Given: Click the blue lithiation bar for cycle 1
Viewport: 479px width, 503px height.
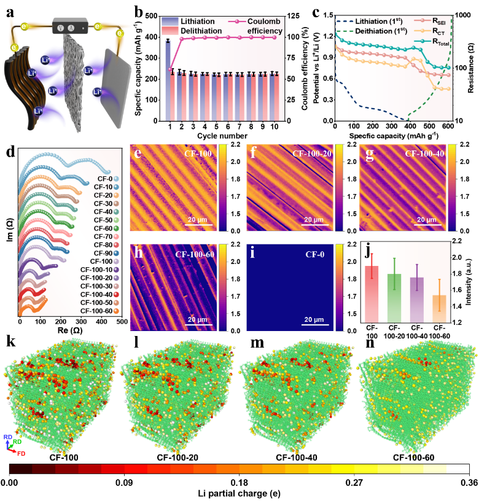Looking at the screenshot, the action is click(168, 81).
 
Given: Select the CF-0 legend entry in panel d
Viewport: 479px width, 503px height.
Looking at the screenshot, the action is click(108, 179).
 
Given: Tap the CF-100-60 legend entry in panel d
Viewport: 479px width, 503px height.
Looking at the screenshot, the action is click(99, 311).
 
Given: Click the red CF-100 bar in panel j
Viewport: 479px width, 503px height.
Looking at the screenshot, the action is click(372, 294).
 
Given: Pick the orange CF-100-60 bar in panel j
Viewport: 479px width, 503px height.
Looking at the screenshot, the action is click(439, 309).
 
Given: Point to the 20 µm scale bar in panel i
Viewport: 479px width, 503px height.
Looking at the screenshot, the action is click(314, 324).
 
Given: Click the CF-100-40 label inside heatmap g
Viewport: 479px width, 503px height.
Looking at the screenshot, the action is click(424, 154).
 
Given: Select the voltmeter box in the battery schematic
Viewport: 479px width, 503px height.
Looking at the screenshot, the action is click(70, 26).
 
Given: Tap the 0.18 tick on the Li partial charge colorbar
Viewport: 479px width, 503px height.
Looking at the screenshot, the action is click(239, 483).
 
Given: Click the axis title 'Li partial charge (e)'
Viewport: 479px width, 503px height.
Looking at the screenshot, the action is click(239, 493).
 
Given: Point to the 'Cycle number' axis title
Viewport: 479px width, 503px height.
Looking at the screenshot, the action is click(222, 136).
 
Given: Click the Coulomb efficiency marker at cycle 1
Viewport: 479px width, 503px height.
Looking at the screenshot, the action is click(170, 69).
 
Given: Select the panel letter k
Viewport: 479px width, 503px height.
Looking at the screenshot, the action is click(11, 341).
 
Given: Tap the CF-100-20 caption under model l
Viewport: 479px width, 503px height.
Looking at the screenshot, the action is click(177, 458).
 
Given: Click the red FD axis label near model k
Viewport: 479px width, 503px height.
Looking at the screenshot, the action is click(21, 454).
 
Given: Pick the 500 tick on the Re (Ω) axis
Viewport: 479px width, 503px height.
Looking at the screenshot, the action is click(122, 321).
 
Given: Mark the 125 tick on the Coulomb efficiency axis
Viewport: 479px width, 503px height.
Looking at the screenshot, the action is click(293, 16).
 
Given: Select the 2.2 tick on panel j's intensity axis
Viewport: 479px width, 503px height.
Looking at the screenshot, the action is click(457, 241).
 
